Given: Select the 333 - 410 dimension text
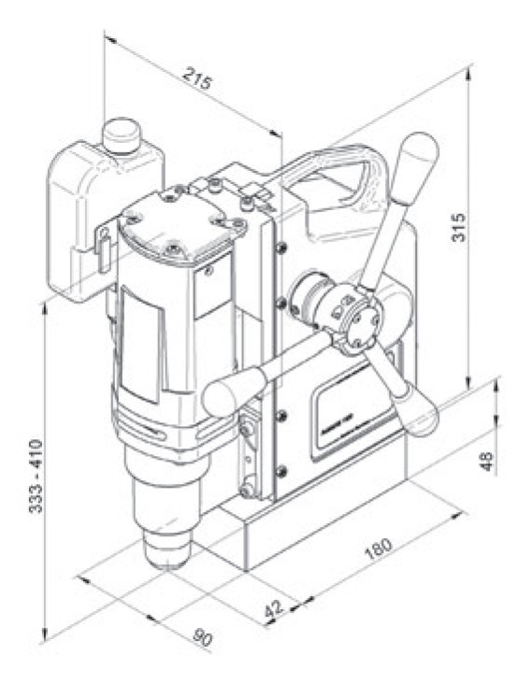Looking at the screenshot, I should pyautogui.click(x=35, y=480).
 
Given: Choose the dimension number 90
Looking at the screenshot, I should pyautogui.click(x=202, y=638).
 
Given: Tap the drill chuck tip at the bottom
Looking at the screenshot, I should pyautogui.click(x=168, y=555).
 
